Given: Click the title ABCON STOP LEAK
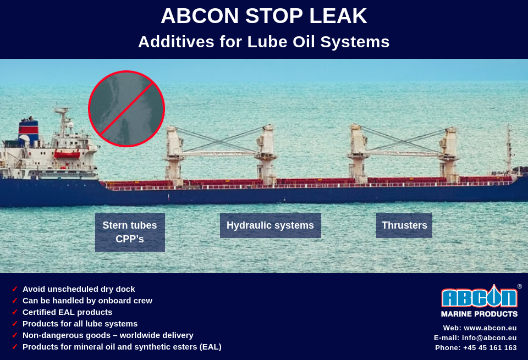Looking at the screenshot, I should click(x=263, y=16).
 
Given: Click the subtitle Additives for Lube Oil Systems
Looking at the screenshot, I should click(x=263, y=42).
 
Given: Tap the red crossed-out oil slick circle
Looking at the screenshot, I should click(x=127, y=109).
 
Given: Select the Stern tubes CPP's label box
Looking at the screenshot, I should click(x=130, y=232).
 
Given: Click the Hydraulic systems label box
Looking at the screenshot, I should click(x=270, y=225).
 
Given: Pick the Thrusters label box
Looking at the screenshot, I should click(x=404, y=225).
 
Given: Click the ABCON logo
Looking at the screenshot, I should click(x=479, y=297).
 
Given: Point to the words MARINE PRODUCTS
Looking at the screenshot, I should click(x=479, y=314).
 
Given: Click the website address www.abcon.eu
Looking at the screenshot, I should click(x=490, y=328).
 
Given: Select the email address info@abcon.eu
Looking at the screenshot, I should click(x=489, y=338).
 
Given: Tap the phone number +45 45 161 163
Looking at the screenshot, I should click(x=490, y=348).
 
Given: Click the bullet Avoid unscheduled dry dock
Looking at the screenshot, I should click(x=79, y=289).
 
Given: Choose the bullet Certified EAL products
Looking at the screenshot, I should click(x=67, y=312).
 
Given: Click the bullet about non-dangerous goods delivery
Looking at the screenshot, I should click(x=108, y=335).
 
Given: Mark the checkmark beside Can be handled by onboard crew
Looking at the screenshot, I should click(x=15, y=301).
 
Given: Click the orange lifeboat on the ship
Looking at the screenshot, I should click(x=67, y=155).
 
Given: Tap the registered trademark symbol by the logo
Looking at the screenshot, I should click(x=519, y=286).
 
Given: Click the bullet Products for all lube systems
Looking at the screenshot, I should click(x=80, y=324).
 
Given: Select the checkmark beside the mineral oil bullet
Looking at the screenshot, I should click(x=15, y=347).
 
